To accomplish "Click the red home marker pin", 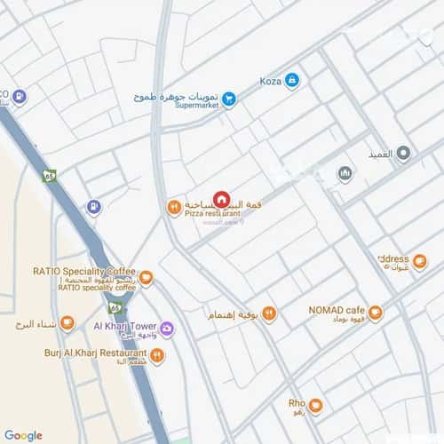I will pyautogui.click(x=221, y=200).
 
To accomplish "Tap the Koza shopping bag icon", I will pyautogui.click(x=292, y=81).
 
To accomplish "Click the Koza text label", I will pyautogui.click(x=270, y=82).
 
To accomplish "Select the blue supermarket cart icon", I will pyautogui.click(x=229, y=99).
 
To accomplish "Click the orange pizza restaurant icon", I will pyautogui.click(x=174, y=207).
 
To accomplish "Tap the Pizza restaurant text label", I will pyautogui.click(x=212, y=214).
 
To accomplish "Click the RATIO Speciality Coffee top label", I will pyautogui.click(x=83, y=271).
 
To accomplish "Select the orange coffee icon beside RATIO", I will pyautogui.click(x=147, y=278).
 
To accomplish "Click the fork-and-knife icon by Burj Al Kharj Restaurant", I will pyautogui.click(x=157, y=355).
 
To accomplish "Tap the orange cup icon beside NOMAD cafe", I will pyautogui.click(x=376, y=313).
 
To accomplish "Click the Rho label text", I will pyautogui.click(x=297, y=403).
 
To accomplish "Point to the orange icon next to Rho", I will pyautogui.click(x=315, y=407).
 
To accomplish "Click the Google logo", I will pyautogui.click(x=23, y=435).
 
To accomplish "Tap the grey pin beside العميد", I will pyautogui.click(x=403, y=155).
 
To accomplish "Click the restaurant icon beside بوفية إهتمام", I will pyautogui.click(x=269, y=314).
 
